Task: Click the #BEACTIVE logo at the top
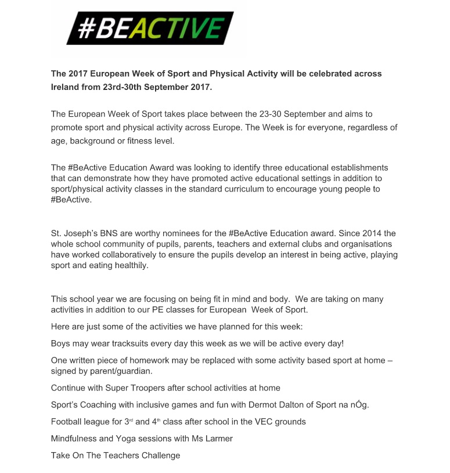coord(150,28)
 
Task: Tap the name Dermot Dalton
coord(276,405)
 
